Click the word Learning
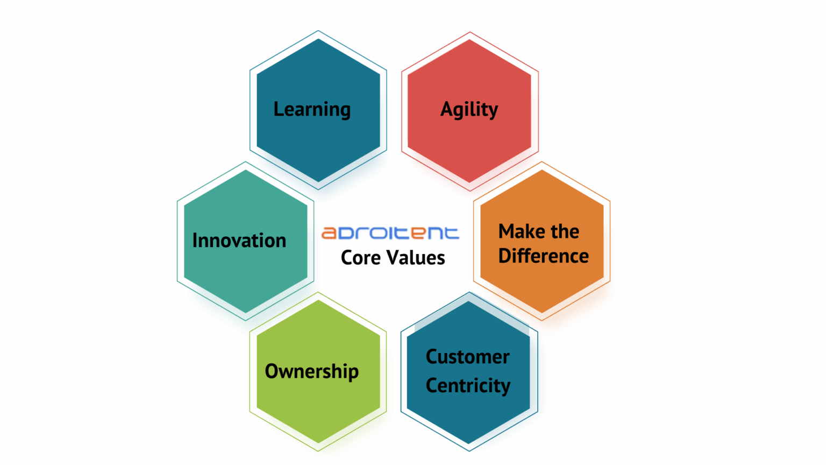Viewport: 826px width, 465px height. (x=312, y=110)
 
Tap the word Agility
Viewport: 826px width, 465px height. (x=469, y=110)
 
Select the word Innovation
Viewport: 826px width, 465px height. (x=239, y=240)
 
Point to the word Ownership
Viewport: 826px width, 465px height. (x=311, y=371)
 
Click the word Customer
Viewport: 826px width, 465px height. (x=467, y=357)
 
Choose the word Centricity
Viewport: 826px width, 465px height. (x=468, y=386)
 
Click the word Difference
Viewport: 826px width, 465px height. (x=543, y=256)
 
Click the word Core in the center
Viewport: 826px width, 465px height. (x=361, y=257)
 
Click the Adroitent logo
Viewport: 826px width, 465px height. (x=390, y=233)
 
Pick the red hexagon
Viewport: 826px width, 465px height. (x=469, y=111)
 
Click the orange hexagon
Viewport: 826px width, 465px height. (x=542, y=241)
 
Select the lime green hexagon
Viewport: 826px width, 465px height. (x=318, y=371)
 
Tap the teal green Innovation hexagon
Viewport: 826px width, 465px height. (x=246, y=241)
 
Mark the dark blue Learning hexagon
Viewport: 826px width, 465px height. (x=318, y=110)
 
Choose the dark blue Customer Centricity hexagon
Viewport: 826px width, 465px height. (x=469, y=372)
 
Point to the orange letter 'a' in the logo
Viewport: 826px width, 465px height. (x=329, y=233)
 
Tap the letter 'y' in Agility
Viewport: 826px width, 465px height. (x=493, y=112)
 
